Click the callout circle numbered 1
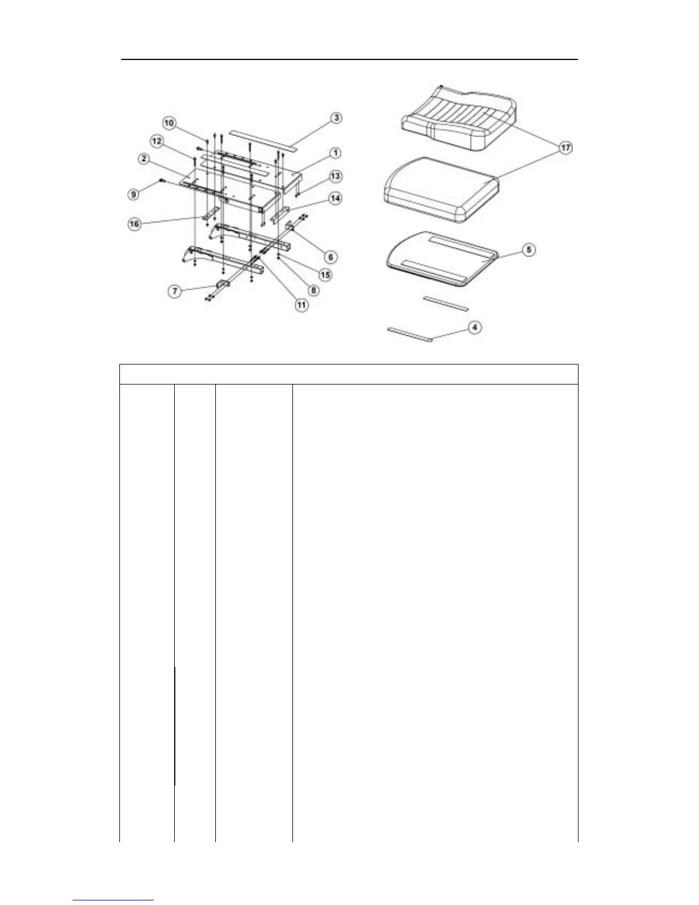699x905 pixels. coord(336,153)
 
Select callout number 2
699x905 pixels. coord(144,158)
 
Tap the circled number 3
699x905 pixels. coord(336,118)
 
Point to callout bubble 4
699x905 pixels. coord(475,327)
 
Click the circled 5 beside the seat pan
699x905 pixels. coord(529,250)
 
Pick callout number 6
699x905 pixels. coord(330,257)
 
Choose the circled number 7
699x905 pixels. coord(175,291)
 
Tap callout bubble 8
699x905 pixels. coord(313,290)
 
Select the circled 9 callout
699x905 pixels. coord(133,194)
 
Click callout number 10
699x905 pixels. coord(169,123)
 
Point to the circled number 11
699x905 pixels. coord(301,305)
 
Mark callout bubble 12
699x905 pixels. coord(156,141)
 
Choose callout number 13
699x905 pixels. coord(336,176)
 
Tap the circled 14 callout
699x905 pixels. coord(335,198)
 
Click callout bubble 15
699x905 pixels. coord(325,275)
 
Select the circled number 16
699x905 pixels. coord(134,223)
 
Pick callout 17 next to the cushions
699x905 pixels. coord(565,148)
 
